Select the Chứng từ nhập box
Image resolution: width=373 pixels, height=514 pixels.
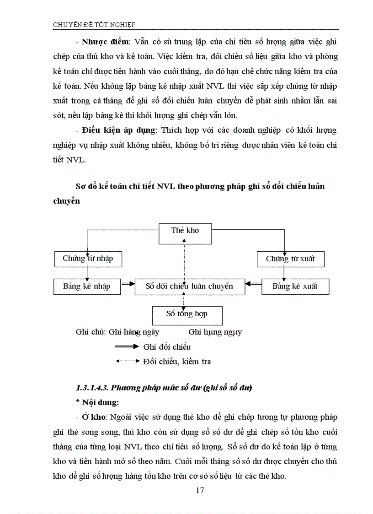coord(87,259)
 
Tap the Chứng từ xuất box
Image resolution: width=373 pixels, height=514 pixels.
coord(290,259)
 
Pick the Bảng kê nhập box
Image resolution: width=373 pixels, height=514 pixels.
coord(86,287)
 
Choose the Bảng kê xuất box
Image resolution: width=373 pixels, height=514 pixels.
coord(295,287)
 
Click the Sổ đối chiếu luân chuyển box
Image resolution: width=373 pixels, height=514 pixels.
coord(189,287)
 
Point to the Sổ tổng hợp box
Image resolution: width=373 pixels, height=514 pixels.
coord(186,314)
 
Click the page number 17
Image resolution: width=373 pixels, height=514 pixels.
coord(199,490)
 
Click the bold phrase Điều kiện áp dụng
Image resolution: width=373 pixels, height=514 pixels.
coord(118,130)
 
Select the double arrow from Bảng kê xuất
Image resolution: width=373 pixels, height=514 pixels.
coord(253,287)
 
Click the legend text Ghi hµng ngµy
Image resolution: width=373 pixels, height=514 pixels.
coord(215,332)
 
